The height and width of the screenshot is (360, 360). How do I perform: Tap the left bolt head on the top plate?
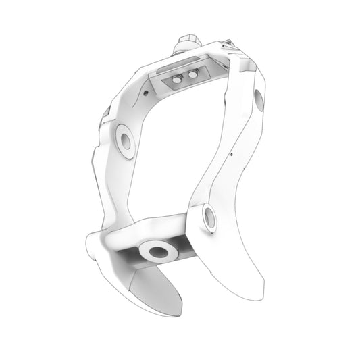click(177, 80)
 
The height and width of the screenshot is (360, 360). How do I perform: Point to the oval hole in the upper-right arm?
click(259, 101)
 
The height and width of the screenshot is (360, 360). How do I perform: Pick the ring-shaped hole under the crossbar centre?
click(159, 253)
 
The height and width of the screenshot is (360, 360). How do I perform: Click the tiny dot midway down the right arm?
click(232, 154)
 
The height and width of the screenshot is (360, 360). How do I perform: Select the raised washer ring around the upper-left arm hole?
click(119, 135)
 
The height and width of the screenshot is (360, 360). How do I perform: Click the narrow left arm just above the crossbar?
click(108, 203)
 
